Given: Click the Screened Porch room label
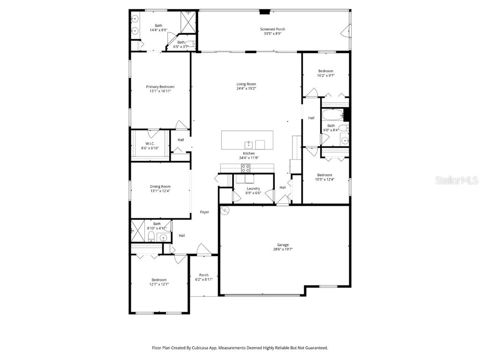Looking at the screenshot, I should (x=272, y=29).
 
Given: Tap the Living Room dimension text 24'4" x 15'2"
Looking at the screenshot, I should (x=246, y=88).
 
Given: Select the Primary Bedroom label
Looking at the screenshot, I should (x=160, y=87).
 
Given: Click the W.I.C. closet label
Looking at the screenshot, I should (x=150, y=143).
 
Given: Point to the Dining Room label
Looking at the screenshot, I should (x=160, y=187).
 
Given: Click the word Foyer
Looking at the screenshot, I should (x=204, y=212).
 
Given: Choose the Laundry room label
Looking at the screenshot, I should (x=253, y=188).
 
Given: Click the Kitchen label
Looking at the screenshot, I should (x=248, y=153).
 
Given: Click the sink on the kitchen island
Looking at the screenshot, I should (x=248, y=144).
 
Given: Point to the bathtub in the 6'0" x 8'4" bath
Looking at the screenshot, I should (x=332, y=114).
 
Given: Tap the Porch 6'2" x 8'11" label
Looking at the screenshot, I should (x=204, y=275).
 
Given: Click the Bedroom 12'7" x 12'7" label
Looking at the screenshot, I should (x=159, y=280).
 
